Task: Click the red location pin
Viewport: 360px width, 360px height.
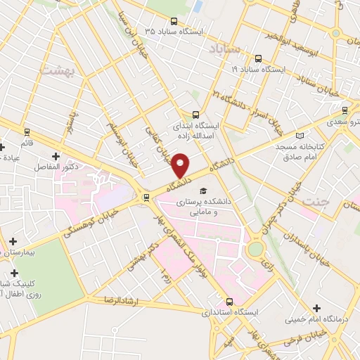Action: [181, 165]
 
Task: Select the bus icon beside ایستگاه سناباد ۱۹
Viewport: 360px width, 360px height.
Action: [258, 59]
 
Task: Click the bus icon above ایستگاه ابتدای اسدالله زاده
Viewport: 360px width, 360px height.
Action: [195, 114]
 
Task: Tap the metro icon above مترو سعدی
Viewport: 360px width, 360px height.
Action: [344, 110]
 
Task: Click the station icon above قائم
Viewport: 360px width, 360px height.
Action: [27, 131]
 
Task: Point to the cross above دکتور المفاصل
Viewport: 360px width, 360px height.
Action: [56, 155]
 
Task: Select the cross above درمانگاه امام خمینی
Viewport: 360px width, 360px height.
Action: [316, 308]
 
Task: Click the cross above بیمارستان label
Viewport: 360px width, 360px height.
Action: [13, 241]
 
